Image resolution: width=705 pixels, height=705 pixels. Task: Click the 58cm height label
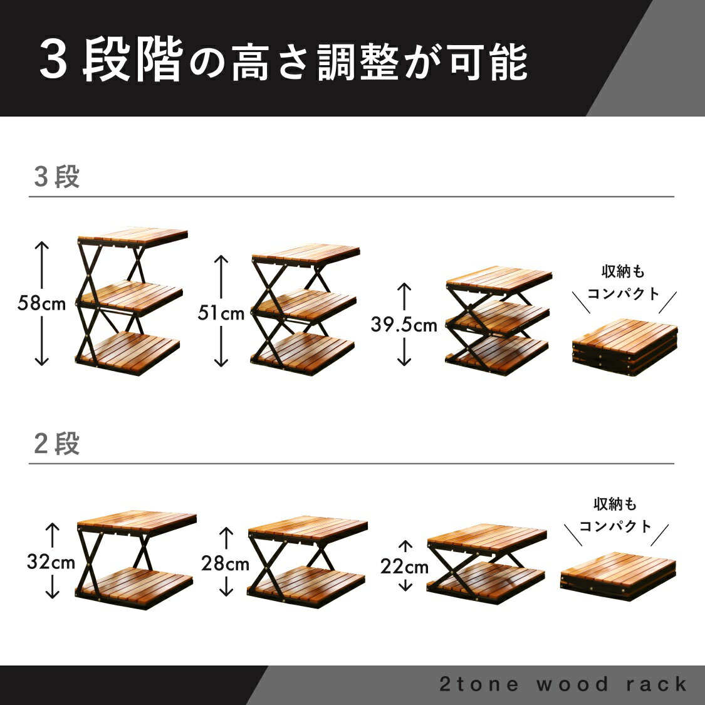pos(42,304)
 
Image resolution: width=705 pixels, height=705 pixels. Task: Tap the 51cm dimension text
pos(221,312)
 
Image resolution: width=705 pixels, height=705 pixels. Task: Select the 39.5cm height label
pos(404,325)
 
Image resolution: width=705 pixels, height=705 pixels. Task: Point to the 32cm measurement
pos(51,561)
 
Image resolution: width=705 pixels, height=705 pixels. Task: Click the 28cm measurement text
pos(225,563)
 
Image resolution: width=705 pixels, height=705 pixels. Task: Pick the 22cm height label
pos(404,567)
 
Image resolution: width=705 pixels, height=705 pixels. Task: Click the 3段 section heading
pos(57,178)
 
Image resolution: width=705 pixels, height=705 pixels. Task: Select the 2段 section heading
pos(57,444)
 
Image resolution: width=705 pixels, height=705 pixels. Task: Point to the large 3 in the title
pos(54,61)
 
